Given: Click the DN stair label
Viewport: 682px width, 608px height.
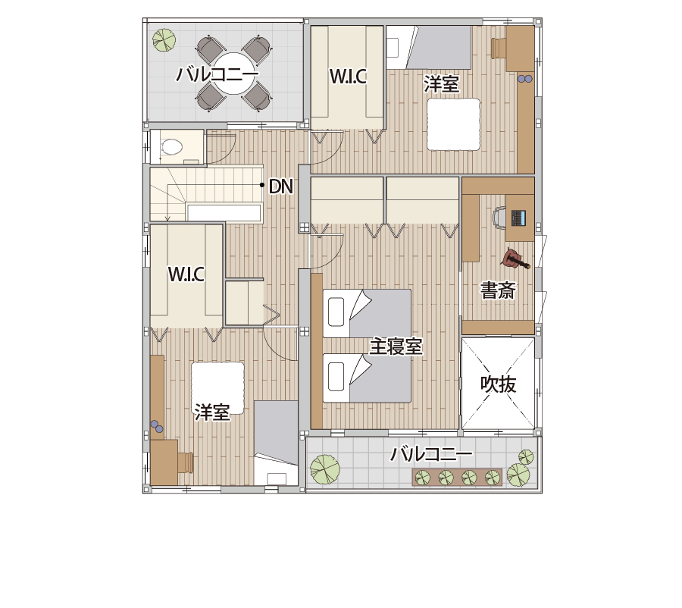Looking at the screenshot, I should (280, 186).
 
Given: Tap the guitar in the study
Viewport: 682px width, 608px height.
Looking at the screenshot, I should (515, 260).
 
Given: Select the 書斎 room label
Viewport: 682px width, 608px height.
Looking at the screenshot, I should (498, 290).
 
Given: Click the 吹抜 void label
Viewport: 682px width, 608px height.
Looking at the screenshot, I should (498, 384).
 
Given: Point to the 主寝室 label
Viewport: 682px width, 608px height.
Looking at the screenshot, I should (395, 347).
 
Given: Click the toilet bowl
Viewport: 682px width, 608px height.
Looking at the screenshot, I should (173, 147).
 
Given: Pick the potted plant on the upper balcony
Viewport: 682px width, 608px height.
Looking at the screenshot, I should (163, 39).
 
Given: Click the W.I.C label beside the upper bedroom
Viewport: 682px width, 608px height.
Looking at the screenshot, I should (348, 77).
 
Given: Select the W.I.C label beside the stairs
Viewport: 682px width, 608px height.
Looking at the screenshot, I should (186, 274).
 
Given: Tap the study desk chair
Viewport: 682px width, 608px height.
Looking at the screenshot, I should (499, 218).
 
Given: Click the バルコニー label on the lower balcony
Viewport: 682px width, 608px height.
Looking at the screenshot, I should (431, 455).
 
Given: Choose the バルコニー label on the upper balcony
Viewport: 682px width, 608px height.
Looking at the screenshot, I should (217, 74).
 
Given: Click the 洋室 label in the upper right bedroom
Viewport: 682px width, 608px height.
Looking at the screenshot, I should (441, 84).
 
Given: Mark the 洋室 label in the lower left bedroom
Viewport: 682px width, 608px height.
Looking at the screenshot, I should (212, 413).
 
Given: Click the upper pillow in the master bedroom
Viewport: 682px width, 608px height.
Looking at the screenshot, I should (334, 311).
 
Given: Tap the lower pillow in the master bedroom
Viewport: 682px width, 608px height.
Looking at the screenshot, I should (334, 375).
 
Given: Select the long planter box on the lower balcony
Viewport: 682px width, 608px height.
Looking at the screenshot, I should (458, 478).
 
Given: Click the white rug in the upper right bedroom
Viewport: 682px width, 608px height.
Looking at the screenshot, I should (454, 125).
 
